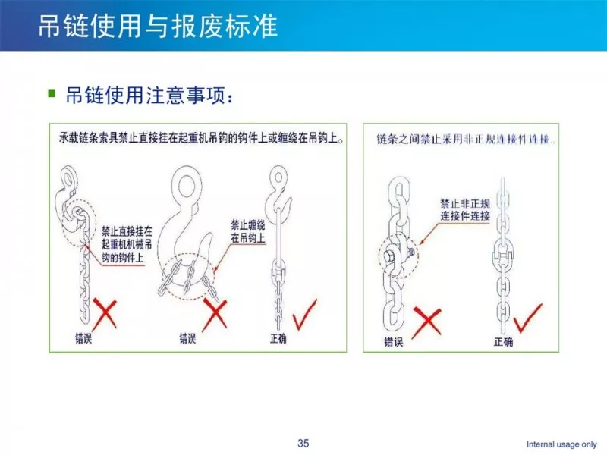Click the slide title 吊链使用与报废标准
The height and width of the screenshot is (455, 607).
click(x=158, y=27)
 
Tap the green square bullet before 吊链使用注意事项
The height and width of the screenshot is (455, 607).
click(x=52, y=93)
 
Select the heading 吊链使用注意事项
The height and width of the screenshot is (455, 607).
click(x=149, y=96)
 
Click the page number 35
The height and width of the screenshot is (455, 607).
click(x=303, y=443)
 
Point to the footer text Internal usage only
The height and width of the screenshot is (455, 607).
click(x=561, y=444)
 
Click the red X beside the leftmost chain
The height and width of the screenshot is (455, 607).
click(x=105, y=314)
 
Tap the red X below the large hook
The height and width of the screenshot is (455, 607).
click(x=215, y=314)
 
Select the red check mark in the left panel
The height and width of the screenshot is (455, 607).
click(x=305, y=315)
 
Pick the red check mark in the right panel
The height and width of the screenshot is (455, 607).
click(x=527, y=318)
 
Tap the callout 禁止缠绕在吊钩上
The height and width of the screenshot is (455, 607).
click(x=248, y=231)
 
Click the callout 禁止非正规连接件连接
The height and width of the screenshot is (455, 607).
click(x=465, y=210)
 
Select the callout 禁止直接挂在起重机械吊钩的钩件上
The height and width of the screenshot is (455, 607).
click(x=127, y=244)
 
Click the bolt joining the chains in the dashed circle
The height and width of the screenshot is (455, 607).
click(x=390, y=256)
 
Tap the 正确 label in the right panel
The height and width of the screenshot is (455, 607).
click(x=503, y=342)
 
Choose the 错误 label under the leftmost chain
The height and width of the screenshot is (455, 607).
click(x=83, y=338)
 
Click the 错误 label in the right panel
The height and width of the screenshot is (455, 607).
click(x=393, y=342)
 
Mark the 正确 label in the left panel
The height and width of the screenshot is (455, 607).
click(x=278, y=338)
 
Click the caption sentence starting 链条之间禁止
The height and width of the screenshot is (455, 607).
click(x=465, y=139)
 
